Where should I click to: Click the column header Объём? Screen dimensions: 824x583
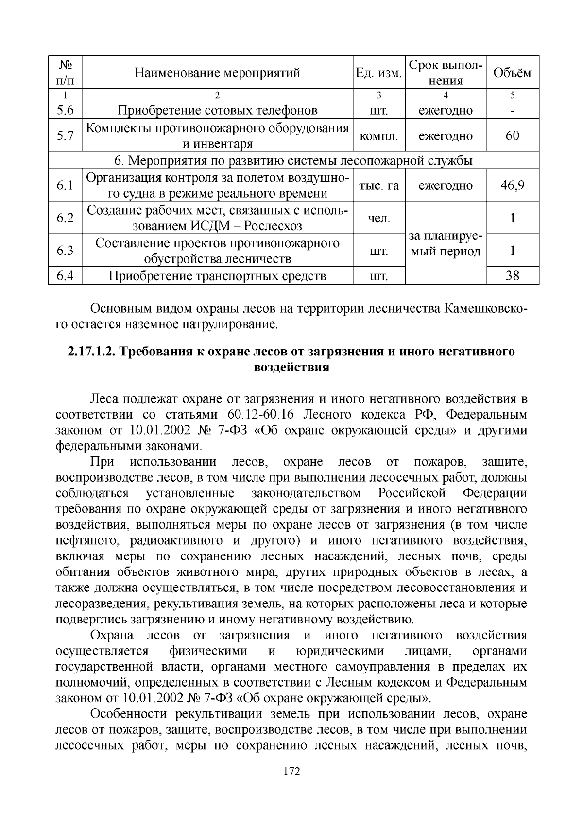[512, 73]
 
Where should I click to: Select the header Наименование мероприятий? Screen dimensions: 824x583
[217, 73]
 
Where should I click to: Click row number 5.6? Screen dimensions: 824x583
[65, 110]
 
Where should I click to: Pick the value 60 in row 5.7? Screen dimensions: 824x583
[512, 135]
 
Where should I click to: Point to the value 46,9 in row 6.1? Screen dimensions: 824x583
[512, 185]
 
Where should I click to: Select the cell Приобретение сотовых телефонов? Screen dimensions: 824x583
[217, 110]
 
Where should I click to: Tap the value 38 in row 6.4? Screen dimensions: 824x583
[512, 276]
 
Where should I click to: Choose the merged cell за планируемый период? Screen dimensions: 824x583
[445, 244]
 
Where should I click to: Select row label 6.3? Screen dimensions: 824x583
[65, 251]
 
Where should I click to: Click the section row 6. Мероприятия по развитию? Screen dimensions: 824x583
[293, 160]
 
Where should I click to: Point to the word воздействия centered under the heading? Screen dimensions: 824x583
[291, 367]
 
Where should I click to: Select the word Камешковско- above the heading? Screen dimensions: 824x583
[485, 309]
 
